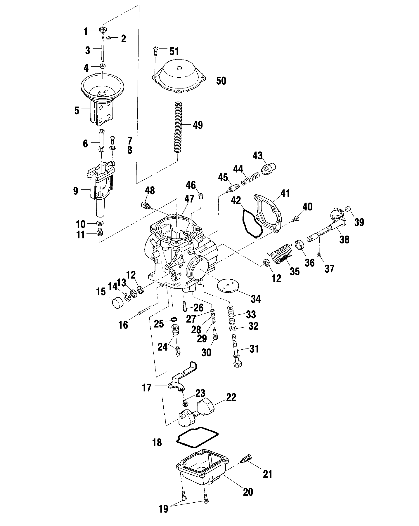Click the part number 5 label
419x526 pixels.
[x=77, y=111]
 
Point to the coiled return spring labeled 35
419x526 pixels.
[x=281, y=255]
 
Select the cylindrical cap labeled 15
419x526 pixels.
[x=118, y=301]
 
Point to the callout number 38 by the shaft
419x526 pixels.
[x=344, y=240]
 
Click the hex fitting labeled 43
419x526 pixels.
[x=269, y=168]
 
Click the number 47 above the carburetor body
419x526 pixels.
[x=189, y=199]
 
